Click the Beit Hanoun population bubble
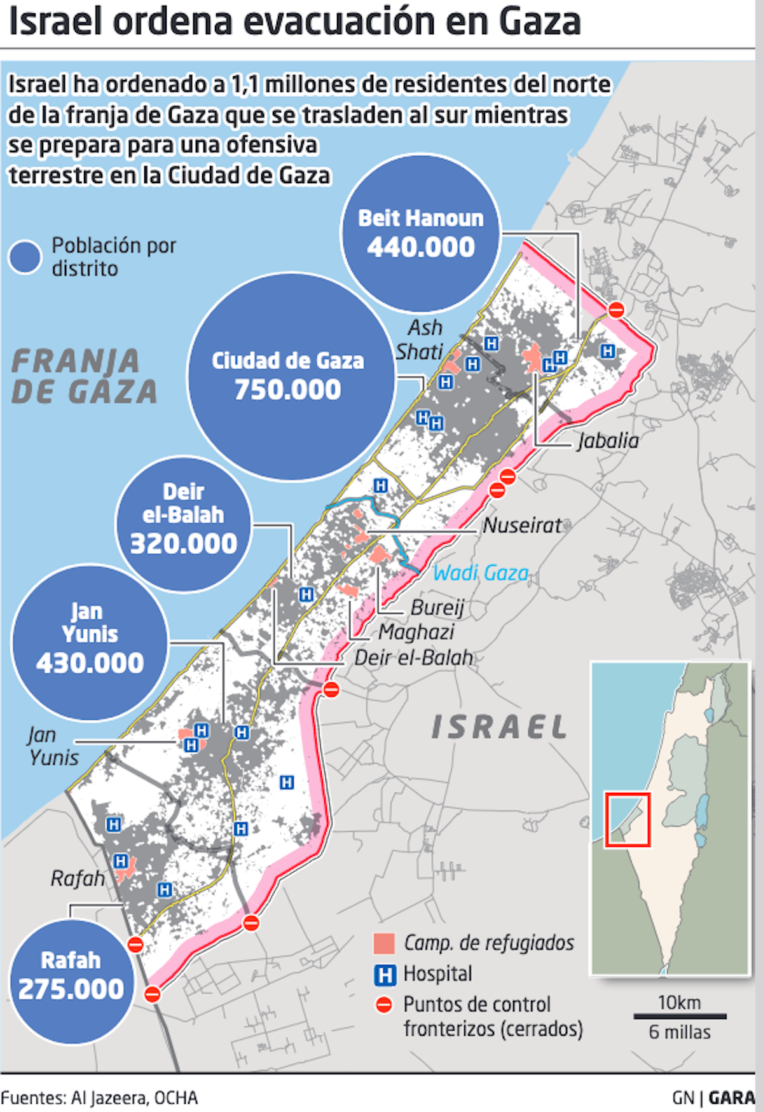coord(421,233)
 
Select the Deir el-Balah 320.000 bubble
coord(183,523)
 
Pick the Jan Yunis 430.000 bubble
coord(90,642)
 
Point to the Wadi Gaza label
coord(481,573)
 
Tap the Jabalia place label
coord(608,441)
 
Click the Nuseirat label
coord(522,525)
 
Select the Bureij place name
coord(437,608)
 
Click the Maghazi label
coord(416,632)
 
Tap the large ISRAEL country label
coord(499,727)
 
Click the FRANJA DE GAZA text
coord(84,376)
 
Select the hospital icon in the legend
coord(385,975)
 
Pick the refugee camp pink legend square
coord(384,944)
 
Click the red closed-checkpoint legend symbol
coord(384,1005)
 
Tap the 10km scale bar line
coord(680,1016)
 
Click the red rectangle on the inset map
coord(628,820)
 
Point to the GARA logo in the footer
coord(732,1098)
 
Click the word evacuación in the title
coord(340,22)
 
